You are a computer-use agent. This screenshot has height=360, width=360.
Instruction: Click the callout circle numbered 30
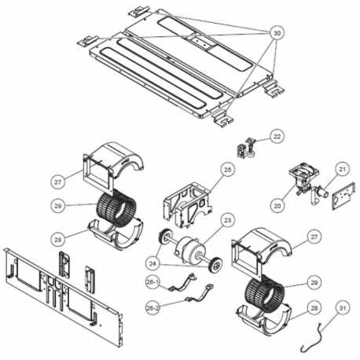277,33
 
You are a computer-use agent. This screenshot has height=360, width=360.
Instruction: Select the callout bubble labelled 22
277,136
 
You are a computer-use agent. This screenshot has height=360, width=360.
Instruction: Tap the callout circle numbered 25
228,170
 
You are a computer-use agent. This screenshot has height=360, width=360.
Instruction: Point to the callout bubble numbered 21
343,170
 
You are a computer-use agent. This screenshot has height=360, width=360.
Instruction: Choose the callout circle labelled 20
277,206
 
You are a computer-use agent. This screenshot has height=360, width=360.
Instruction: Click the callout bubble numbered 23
227,220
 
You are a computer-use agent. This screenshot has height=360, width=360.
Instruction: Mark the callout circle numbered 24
152,263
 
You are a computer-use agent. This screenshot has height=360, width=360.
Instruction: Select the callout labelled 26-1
152,282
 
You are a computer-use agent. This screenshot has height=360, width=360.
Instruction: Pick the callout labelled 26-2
152,308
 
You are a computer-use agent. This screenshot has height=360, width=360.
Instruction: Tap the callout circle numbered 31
343,308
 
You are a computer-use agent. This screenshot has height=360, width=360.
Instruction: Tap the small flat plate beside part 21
343,197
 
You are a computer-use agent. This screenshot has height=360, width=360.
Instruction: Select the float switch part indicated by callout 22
247,148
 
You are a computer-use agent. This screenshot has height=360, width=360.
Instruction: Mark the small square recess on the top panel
201,42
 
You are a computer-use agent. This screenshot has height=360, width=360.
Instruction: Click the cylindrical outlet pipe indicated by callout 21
322,193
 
